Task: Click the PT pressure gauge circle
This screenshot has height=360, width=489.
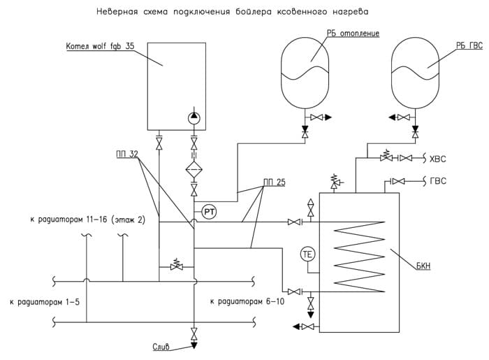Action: [x=209, y=213]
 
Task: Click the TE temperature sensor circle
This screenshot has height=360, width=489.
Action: [x=307, y=254]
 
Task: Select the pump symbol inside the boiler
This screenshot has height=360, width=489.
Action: [x=194, y=118]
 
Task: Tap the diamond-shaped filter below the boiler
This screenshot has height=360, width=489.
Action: [x=194, y=169]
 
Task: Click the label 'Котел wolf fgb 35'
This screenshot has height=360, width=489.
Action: [x=100, y=46]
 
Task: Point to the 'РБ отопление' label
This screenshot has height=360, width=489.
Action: [x=353, y=33]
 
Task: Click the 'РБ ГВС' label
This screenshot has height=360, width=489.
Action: [x=469, y=45]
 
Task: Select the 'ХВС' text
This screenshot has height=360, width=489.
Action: [x=438, y=159]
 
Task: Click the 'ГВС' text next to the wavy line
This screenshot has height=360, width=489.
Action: [x=438, y=181]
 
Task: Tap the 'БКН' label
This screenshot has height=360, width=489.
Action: [x=423, y=266]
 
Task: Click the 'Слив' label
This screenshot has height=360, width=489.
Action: [x=161, y=347]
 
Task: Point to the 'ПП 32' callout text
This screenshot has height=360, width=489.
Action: [x=127, y=154]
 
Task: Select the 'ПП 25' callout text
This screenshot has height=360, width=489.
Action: [x=275, y=182]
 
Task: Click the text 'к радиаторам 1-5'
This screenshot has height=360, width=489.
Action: [x=45, y=302]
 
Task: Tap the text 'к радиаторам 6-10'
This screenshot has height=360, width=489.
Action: [x=247, y=301]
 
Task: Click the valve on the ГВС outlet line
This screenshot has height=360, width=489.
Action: [x=398, y=181]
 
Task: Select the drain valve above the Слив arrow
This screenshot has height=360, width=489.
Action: [x=194, y=334]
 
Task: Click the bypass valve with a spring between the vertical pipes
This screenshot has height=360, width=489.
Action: [x=177, y=266]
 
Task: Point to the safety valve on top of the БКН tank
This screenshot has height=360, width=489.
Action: [x=335, y=181]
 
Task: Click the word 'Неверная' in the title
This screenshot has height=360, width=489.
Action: [x=117, y=12]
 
